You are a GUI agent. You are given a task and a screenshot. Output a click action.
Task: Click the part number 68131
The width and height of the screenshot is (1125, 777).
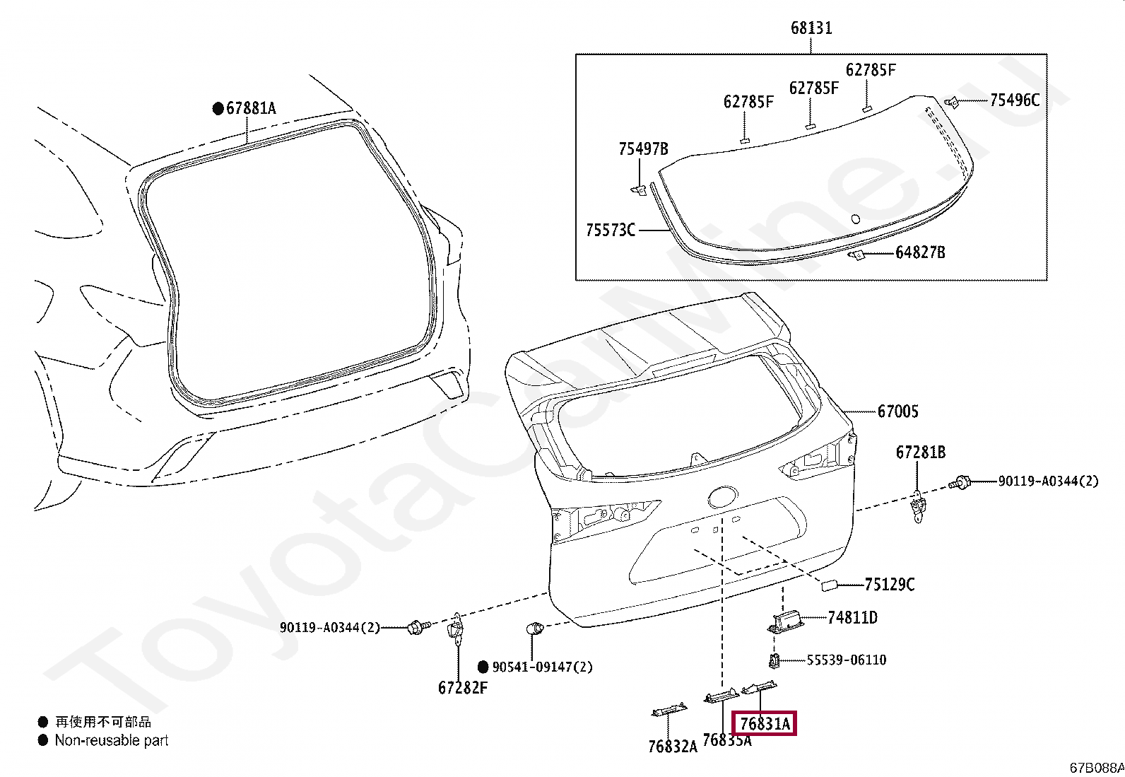811,28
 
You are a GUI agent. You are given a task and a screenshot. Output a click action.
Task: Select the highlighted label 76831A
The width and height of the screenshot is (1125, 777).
765,724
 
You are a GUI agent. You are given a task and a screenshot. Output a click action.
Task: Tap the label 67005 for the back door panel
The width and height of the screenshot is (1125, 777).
898,411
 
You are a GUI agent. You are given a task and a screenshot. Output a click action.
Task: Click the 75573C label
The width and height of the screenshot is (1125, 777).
611,230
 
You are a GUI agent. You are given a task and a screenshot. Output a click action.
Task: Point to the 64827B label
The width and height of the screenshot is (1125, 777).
920,252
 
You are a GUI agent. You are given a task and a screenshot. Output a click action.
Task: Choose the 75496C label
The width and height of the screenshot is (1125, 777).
1015,100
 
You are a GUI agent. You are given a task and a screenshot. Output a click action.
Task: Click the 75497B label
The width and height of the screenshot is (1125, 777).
643,148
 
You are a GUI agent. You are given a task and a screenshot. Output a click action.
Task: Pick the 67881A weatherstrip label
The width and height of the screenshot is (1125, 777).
251,108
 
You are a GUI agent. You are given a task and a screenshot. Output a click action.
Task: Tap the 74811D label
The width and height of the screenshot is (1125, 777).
852,617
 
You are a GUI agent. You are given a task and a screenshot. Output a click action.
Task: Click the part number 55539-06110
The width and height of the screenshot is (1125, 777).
847,660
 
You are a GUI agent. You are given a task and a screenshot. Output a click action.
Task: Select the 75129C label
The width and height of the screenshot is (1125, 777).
890,585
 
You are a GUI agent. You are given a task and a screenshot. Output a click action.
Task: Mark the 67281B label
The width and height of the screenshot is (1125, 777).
921,452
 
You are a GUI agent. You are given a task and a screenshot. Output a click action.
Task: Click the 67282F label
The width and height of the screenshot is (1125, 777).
463,687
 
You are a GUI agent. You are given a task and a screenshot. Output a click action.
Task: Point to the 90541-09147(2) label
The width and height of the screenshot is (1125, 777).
543,667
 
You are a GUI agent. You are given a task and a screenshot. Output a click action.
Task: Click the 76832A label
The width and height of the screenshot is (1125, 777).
673,747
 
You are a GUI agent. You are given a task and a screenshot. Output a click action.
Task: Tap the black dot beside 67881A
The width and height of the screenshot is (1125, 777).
218,109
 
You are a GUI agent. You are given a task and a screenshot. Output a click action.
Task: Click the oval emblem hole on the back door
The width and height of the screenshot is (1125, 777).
723,497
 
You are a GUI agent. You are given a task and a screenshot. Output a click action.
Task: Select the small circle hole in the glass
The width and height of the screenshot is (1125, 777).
856,218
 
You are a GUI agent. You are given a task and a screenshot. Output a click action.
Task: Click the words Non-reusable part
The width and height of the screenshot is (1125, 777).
112,740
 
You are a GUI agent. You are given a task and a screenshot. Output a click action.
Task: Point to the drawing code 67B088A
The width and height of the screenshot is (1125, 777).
1097,768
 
